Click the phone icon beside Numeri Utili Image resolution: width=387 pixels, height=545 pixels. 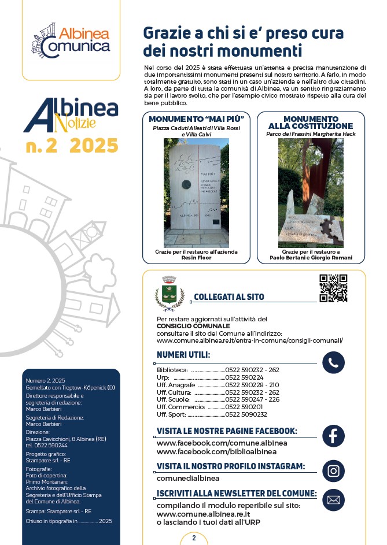[x=333, y=363]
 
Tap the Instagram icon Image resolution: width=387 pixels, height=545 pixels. [x=333, y=470]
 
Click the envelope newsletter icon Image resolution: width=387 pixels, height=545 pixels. [x=333, y=500]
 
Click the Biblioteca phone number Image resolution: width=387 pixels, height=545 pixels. [x=252, y=370]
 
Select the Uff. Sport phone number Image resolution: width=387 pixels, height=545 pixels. [x=246, y=414]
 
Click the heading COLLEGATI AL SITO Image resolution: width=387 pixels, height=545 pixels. [x=229, y=297]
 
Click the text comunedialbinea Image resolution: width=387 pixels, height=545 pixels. [x=188, y=479]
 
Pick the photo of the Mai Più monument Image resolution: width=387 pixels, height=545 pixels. [x=196, y=192]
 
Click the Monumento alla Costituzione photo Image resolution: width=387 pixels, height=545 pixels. [x=311, y=192]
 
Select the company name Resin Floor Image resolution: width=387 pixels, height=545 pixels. [x=196, y=258]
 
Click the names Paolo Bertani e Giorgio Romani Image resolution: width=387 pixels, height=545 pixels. [x=310, y=258]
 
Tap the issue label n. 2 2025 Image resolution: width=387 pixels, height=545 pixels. [x=72, y=145]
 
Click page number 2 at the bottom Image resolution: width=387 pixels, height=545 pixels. [x=194, y=538]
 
